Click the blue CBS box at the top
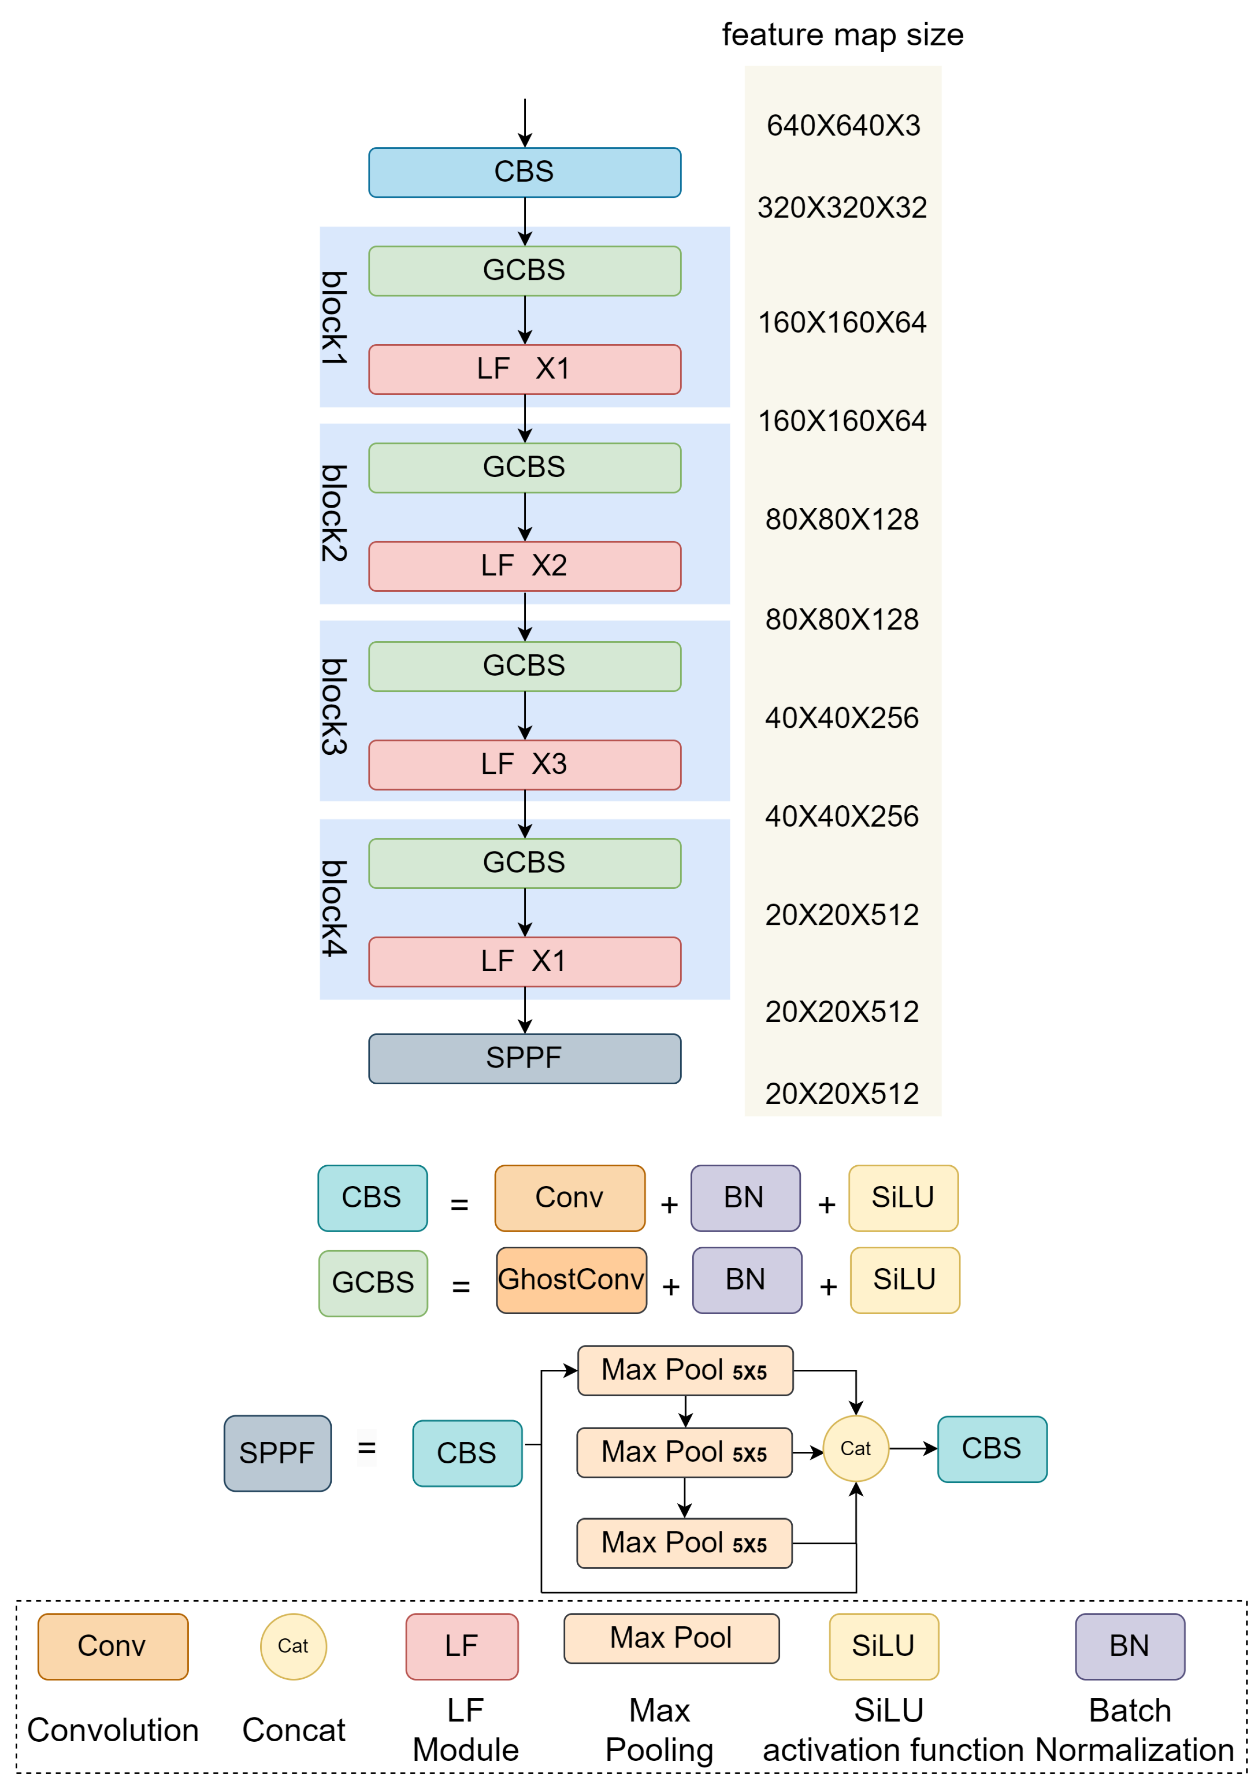coord(524,172)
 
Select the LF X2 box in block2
coord(524,566)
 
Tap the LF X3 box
coord(524,764)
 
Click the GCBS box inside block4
coord(524,863)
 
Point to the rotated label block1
coord(334,318)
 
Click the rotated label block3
coord(334,706)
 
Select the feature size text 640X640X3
coord(843,125)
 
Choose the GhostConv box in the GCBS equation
coord(571,1280)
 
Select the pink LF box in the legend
coord(461,1646)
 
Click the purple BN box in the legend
coord(1129,1646)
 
